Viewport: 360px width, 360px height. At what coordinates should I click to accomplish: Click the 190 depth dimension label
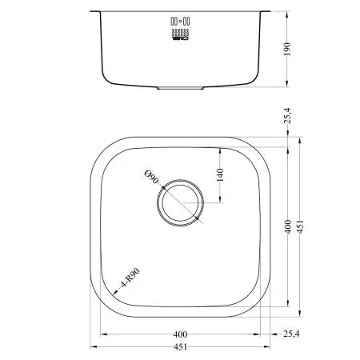[x=287, y=49]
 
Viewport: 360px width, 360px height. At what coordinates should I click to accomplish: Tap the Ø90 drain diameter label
[x=151, y=178]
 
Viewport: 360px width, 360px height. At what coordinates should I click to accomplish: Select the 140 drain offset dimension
[x=220, y=174]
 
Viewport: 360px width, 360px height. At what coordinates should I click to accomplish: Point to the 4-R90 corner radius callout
[x=130, y=278]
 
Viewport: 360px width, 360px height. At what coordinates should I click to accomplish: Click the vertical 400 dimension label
[x=288, y=226]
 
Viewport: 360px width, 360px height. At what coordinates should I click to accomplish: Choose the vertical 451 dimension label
[x=300, y=226]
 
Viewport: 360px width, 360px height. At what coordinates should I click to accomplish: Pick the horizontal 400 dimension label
[x=180, y=334]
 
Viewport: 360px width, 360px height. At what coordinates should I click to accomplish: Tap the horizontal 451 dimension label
[x=180, y=347]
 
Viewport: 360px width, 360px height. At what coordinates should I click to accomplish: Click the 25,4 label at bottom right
[x=291, y=334]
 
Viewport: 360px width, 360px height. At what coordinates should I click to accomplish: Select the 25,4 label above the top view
[x=288, y=116]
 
